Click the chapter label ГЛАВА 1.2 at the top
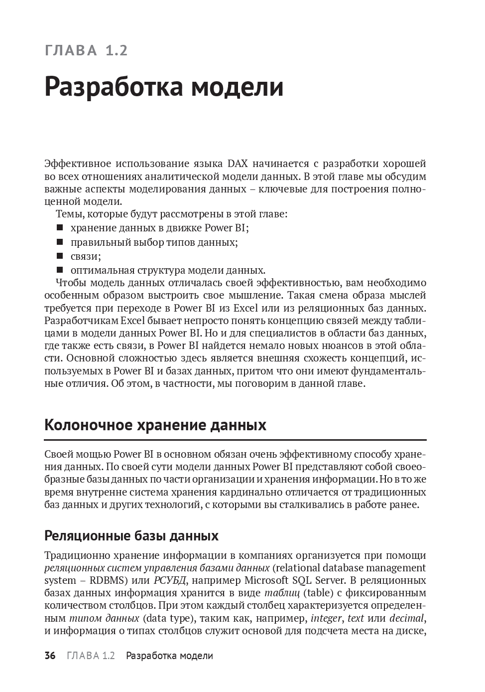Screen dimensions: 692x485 [86, 50]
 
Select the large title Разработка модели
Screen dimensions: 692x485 [164, 87]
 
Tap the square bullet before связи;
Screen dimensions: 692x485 [60, 256]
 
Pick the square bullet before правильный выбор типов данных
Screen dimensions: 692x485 [60, 242]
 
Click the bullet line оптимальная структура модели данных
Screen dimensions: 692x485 [167, 270]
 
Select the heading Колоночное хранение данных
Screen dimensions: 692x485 [155, 425]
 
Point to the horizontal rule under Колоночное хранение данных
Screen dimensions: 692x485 [235, 440]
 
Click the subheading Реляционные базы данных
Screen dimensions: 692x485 [131, 536]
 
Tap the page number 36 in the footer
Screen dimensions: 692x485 [50, 656]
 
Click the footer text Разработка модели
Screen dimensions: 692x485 [169, 656]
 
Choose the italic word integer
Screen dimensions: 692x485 [326, 619]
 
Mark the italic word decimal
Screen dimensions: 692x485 [406, 619]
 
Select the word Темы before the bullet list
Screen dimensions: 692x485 [67, 214]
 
